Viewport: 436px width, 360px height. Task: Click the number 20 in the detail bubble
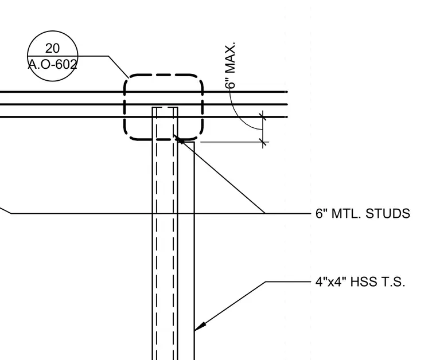coord(52,48)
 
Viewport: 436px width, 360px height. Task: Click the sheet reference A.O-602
coord(52,64)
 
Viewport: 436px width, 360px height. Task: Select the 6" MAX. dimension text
coord(230,65)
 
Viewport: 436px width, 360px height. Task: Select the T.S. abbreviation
coord(393,282)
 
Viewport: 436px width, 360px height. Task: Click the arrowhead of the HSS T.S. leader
coord(200,326)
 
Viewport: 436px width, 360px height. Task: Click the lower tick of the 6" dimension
coord(263,143)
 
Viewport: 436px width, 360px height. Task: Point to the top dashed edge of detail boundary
coord(163,75)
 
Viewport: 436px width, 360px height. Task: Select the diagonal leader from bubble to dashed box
coord(118,66)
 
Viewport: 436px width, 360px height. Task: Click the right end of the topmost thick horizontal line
coord(287,92)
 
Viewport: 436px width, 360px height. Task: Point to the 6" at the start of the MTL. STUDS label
coord(321,214)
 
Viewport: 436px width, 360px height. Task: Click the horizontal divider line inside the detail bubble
coord(53,56)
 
